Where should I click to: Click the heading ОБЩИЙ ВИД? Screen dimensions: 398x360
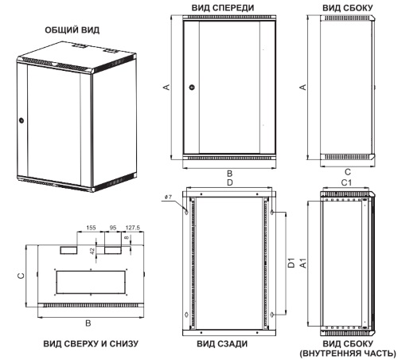(72, 30)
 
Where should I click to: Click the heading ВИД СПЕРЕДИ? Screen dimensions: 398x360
(223, 8)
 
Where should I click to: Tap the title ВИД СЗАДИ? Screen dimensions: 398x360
(222, 344)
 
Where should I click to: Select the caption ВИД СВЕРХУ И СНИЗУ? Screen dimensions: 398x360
(91, 344)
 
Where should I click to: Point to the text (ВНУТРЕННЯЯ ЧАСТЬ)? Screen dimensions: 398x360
(348, 354)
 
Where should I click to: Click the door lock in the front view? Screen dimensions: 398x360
(193, 87)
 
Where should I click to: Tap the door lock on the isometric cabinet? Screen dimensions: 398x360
(21, 121)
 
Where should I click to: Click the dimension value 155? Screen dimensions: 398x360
(91, 228)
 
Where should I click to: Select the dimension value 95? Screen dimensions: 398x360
(113, 228)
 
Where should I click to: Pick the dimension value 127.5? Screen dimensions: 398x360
(133, 228)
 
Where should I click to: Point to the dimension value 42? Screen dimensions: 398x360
(92, 251)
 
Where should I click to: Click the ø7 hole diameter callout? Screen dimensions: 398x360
(168, 197)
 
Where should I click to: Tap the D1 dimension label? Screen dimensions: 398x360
(291, 263)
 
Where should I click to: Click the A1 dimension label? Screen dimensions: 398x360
(303, 264)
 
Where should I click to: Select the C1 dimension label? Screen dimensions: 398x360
(346, 182)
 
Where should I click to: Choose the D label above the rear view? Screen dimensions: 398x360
(230, 182)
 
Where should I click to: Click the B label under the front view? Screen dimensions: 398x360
(230, 174)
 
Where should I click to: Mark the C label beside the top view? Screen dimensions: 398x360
(21, 276)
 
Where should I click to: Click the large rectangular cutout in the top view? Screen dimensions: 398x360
(91, 282)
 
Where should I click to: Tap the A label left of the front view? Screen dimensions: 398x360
(166, 87)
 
